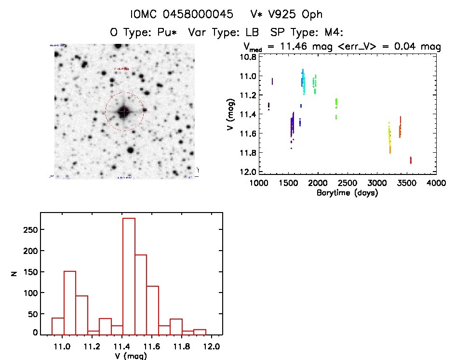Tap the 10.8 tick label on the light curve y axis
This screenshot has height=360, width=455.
(247, 57)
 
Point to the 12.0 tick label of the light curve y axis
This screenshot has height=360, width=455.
(247, 172)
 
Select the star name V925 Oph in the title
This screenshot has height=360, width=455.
(289, 14)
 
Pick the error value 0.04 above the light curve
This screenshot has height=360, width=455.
(410, 47)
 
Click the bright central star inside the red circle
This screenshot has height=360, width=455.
(124, 112)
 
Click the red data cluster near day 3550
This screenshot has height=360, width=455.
(411, 160)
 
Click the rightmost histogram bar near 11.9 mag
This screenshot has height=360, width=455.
(200, 332)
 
